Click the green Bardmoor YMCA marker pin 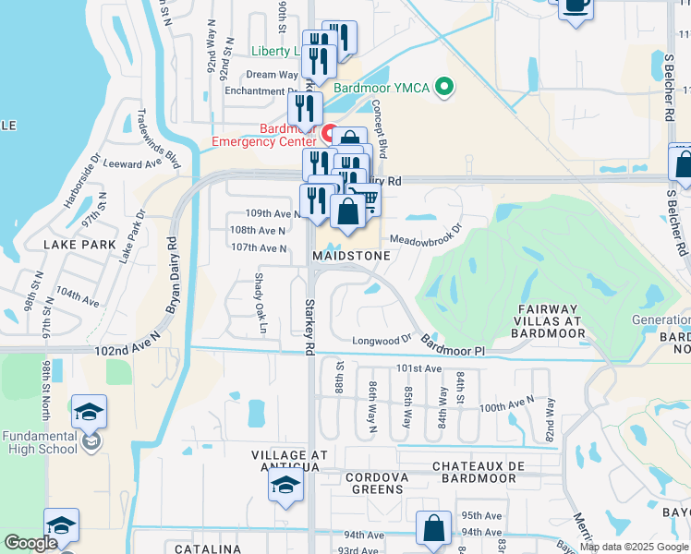click(445, 89)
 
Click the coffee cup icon click(576, 6)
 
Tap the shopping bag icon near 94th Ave click(433, 529)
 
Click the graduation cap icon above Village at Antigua click(285, 485)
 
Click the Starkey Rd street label click(309, 324)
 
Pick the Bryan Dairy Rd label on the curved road click(171, 276)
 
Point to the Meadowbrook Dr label click(425, 235)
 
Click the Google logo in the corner click(30, 544)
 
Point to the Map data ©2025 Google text click(633, 547)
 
